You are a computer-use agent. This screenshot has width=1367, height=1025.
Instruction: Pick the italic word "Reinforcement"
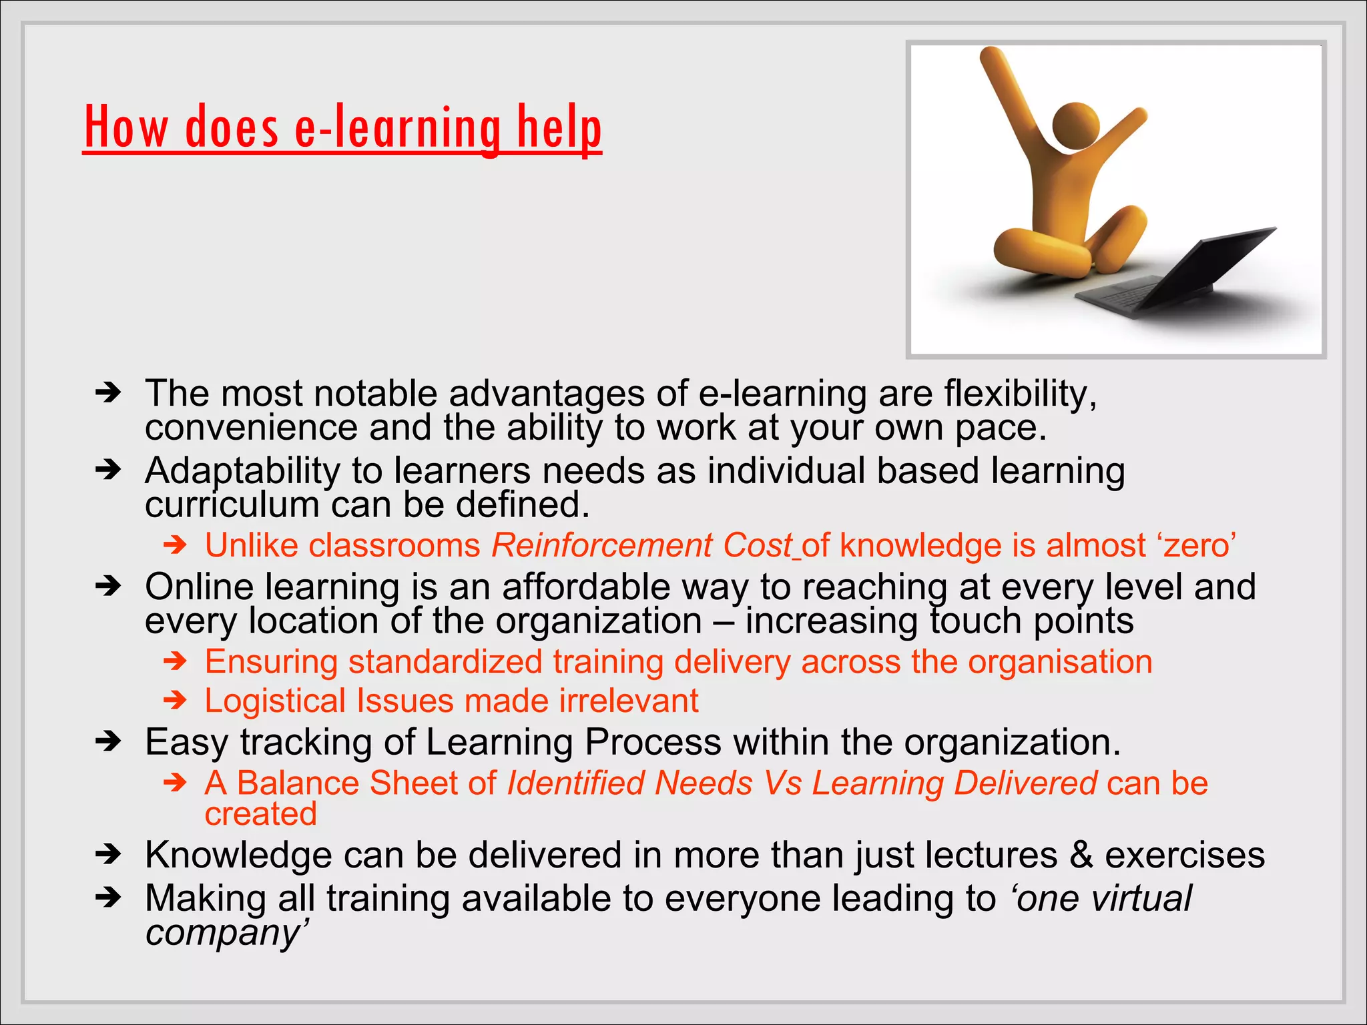click(x=602, y=545)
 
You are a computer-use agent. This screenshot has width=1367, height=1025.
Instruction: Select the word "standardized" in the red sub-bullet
click(x=445, y=662)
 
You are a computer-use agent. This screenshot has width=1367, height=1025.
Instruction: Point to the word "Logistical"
click(x=275, y=701)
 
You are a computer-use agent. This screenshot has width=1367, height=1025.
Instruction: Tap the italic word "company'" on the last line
click(x=227, y=933)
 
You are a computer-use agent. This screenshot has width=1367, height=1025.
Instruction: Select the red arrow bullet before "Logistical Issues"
click(x=176, y=700)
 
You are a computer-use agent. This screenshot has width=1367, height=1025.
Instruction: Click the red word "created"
click(x=260, y=814)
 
